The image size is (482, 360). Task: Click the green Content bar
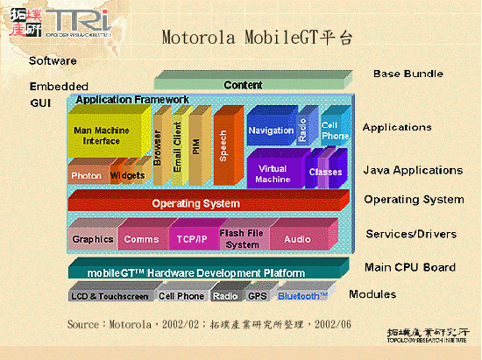(243, 85)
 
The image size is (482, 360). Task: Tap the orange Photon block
(87, 175)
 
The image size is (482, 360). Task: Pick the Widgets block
(128, 175)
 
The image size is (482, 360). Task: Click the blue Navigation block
(271, 131)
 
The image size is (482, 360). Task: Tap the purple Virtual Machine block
(273, 173)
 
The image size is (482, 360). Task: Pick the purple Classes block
(325, 173)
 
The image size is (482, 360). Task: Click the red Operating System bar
(196, 203)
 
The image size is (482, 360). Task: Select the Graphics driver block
(93, 238)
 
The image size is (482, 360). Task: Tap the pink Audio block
(297, 238)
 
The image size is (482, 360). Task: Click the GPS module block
(257, 296)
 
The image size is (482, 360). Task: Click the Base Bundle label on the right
(408, 74)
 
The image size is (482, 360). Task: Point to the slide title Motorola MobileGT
(259, 38)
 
